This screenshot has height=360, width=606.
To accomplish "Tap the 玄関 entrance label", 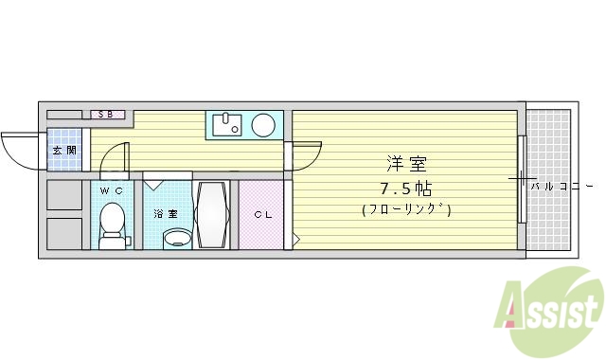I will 63,151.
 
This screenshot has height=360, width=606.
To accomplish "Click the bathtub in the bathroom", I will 212,213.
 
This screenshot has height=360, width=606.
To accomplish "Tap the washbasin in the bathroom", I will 175,238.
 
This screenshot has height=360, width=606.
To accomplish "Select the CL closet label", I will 261,214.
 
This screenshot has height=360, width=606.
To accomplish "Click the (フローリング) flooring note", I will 404,209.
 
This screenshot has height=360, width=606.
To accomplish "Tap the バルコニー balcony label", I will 562,186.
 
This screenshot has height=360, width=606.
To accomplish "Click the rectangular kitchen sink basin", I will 226,124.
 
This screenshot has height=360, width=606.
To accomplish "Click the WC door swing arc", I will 114,156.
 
